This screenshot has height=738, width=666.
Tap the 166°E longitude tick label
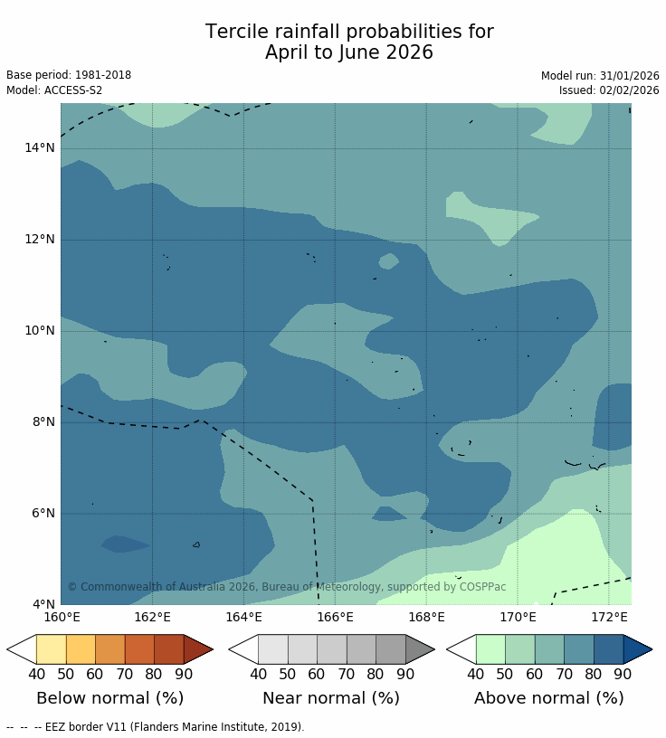335,618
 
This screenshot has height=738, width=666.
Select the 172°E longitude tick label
609,618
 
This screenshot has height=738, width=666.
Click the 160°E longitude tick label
62,618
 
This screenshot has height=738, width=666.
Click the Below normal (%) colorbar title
109,698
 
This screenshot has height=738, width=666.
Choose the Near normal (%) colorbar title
331,698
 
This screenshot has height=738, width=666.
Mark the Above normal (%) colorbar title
549,698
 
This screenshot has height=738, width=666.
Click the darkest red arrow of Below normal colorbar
196,649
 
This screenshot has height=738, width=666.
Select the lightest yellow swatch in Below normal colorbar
51,649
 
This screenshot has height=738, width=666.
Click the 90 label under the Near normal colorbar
405,674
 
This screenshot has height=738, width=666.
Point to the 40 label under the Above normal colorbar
475,674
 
